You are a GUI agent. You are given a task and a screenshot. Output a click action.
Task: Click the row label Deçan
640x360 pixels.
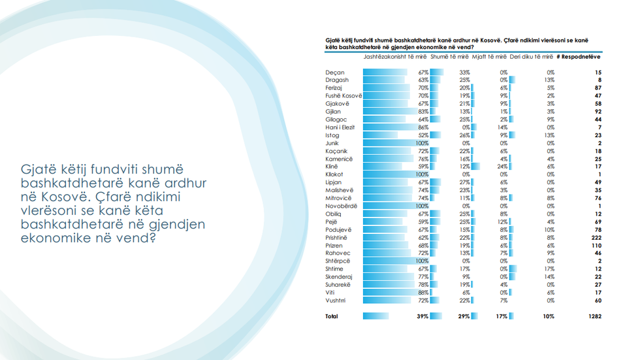[334, 72]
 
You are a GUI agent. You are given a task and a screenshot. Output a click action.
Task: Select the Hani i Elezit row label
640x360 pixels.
[340, 127]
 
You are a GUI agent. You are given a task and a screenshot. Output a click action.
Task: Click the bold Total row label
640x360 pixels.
[332, 316]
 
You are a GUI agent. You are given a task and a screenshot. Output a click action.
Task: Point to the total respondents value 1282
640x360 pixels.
[594, 316]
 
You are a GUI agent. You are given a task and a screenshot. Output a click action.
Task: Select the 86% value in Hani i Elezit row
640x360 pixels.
[422, 127]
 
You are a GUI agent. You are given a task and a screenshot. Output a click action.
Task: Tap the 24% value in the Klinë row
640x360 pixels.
[503, 166]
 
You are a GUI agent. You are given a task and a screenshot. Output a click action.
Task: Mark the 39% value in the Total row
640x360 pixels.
[423, 316]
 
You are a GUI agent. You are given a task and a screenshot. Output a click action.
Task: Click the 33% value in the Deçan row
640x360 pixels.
[464, 72]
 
